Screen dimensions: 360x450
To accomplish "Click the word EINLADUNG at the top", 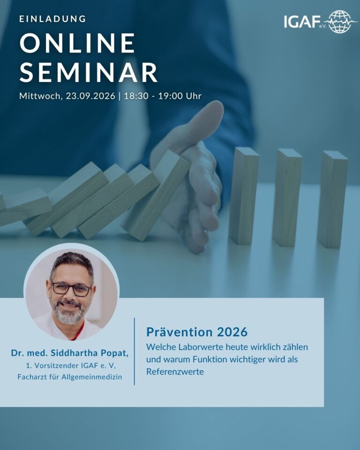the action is click(x=52, y=19).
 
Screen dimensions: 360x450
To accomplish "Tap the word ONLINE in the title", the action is click(x=77, y=43).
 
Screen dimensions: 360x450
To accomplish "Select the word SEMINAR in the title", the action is click(x=89, y=72).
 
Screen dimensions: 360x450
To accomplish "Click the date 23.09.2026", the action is click(x=90, y=96).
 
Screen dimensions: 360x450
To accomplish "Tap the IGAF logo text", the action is click(x=302, y=22).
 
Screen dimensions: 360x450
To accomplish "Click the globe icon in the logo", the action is click(x=340, y=22).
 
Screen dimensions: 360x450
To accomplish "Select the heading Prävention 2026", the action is click(x=197, y=332).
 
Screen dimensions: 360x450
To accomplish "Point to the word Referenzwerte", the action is click(x=175, y=372).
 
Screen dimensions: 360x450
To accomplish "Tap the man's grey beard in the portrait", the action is click(x=68, y=314).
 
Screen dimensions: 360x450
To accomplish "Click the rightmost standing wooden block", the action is click(x=332, y=200).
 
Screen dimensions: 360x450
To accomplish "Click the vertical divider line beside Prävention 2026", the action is click(x=135, y=351).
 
